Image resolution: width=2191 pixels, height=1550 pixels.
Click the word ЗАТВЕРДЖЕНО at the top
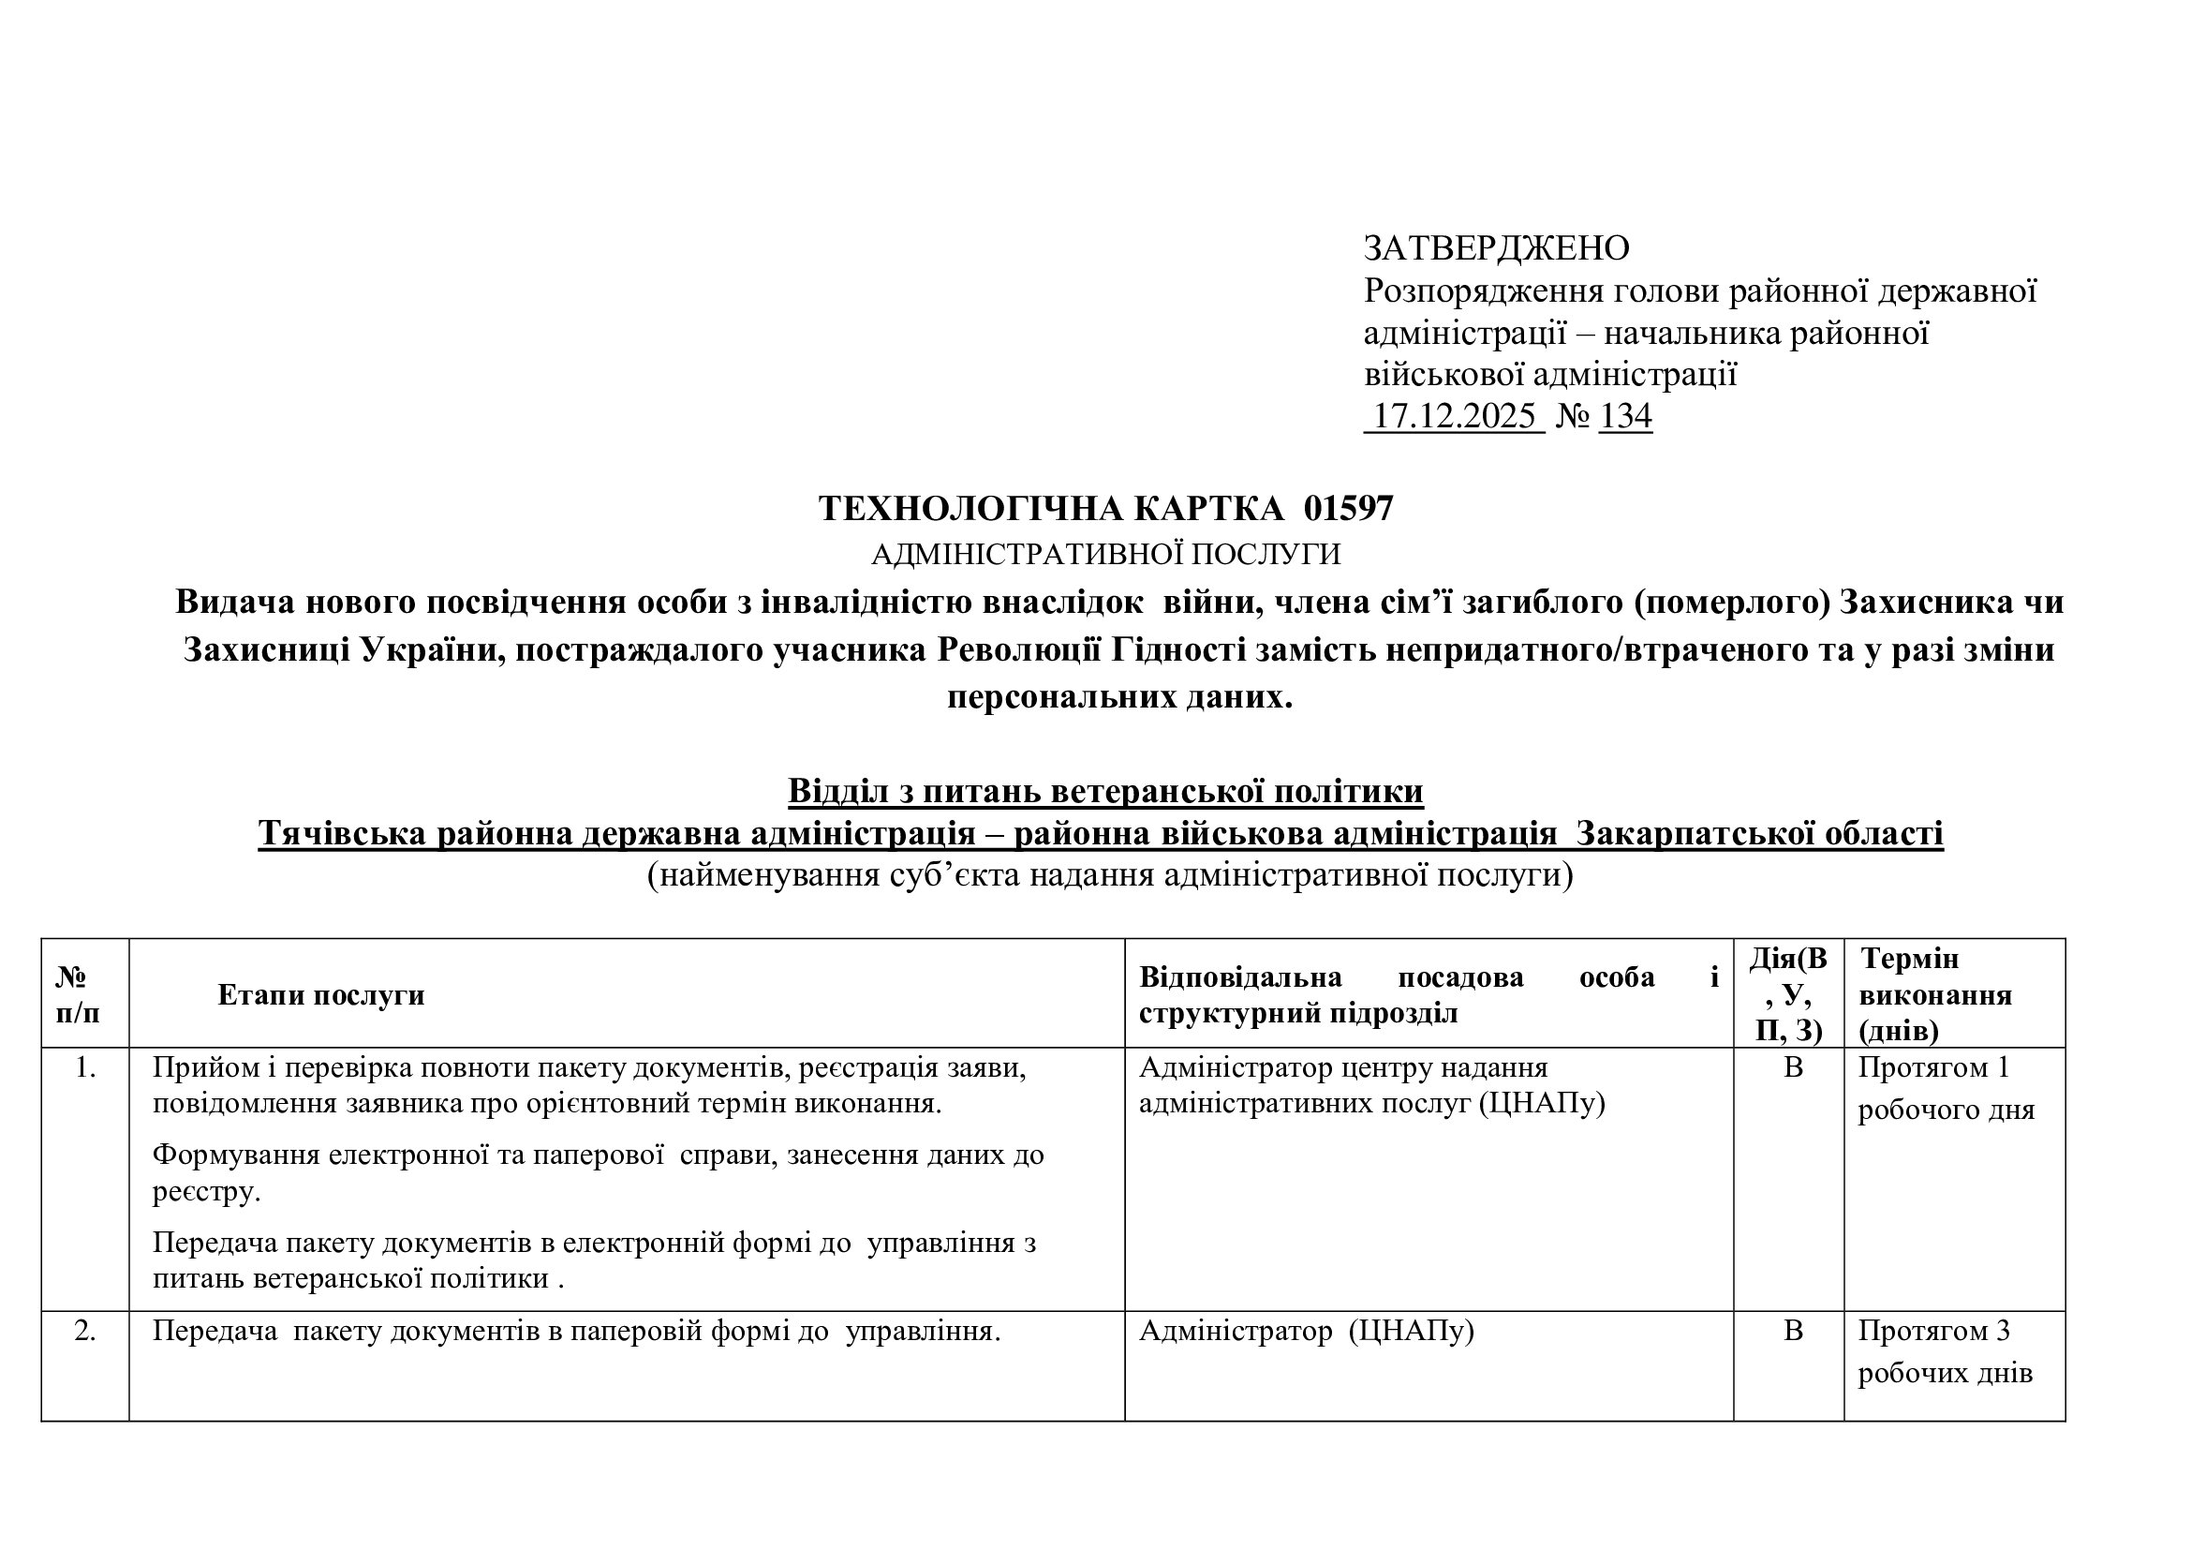pyautogui.click(x=1495, y=248)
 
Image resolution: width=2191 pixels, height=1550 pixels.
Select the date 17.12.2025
pyautogui.click(x=1454, y=416)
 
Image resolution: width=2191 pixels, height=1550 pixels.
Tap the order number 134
pyautogui.click(x=1625, y=416)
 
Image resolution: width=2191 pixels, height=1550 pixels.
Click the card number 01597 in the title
pyautogui.click(x=1348, y=509)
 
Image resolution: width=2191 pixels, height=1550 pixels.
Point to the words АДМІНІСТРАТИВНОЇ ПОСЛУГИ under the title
pyautogui.click(x=1105, y=555)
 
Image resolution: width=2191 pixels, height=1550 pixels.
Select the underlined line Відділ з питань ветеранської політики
pyautogui.click(x=1105, y=791)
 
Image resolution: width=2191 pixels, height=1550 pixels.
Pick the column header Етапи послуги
pyautogui.click(x=320, y=994)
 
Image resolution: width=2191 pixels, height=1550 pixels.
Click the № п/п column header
pyautogui.click(x=79, y=994)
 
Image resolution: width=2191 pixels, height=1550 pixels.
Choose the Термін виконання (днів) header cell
pyautogui.click(x=1935, y=994)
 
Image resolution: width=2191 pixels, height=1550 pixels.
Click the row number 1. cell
pyautogui.click(x=85, y=1068)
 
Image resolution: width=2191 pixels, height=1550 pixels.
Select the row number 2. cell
pyautogui.click(x=85, y=1331)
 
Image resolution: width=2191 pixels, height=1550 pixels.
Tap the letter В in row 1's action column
pyautogui.click(x=1793, y=1068)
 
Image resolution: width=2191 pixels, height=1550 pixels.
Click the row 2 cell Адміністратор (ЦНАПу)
pyautogui.click(x=1307, y=1331)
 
